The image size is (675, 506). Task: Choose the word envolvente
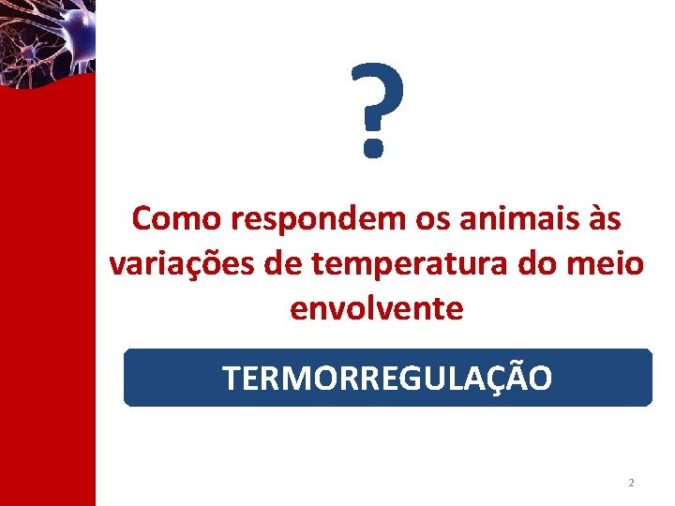coord(377,308)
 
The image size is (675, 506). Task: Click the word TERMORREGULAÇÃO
coord(387,379)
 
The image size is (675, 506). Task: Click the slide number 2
coord(631,483)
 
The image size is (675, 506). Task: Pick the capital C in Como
coord(143,219)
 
